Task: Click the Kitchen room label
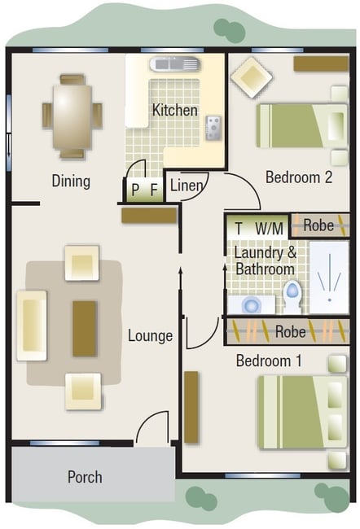(174, 111)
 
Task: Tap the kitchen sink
(175, 63)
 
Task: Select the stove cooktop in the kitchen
(213, 128)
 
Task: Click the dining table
(72, 117)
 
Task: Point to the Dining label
(71, 181)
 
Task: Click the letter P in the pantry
(135, 190)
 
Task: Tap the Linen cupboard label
(187, 186)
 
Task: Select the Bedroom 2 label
(299, 177)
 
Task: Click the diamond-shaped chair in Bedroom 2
(251, 77)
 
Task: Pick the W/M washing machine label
(269, 229)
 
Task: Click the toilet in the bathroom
(292, 296)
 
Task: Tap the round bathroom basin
(251, 305)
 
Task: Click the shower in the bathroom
(329, 278)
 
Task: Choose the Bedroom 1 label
(269, 361)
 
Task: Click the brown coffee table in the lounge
(85, 329)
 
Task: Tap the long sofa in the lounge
(32, 326)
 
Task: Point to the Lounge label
(151, 335)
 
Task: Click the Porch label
(85, 477)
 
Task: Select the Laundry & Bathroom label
(266, 260)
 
